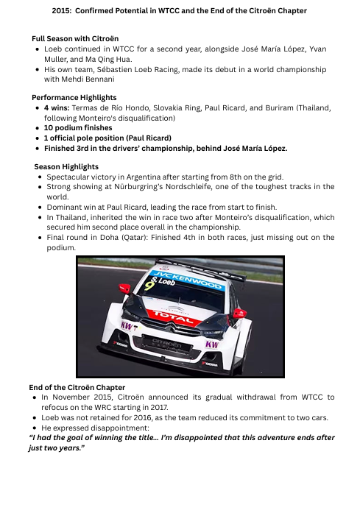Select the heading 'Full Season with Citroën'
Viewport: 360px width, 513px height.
(75, 38)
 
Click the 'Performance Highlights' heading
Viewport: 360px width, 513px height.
(74, 97)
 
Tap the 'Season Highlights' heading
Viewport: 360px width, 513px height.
(66, 166)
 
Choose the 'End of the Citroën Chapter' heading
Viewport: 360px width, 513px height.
(77, 387)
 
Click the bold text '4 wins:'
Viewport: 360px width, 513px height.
(57, 107)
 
